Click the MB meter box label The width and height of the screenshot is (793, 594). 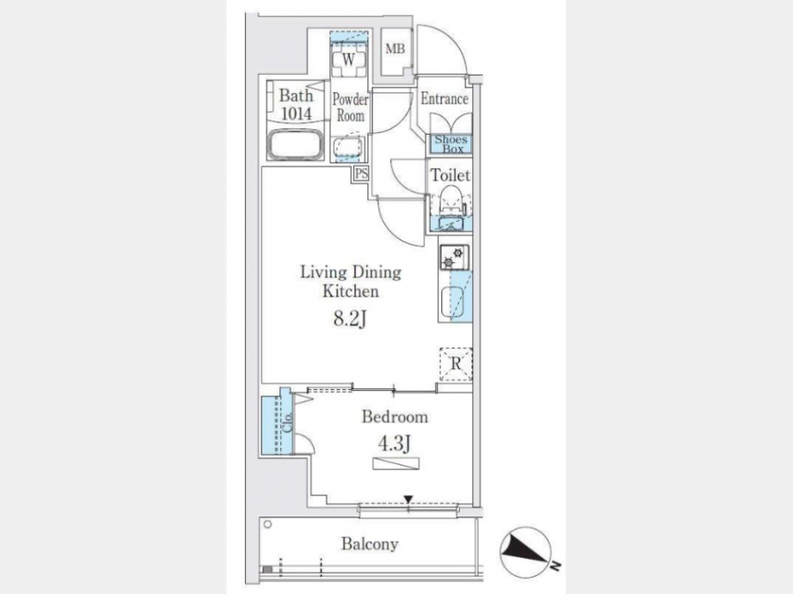(x=395, y=49)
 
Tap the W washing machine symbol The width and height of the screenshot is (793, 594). (x=348, y=60)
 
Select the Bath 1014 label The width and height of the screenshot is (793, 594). (x=296, y=105)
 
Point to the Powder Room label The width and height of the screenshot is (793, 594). (x=351, y=107)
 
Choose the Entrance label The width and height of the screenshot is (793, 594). (x=445, y=99)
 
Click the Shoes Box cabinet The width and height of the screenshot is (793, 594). (x=451, y=144)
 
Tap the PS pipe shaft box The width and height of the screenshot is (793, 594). (x=361, y=173)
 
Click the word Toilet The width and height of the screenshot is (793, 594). (x=450, y=175)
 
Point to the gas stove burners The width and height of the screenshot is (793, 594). (x=454, y=257)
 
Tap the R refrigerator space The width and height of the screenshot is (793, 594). (x=456, y=363)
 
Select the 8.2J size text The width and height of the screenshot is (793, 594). (x=350, y=319)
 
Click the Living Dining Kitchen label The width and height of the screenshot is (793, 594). (x=351, y=282)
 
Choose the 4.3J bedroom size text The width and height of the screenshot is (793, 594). (x=395, y=444)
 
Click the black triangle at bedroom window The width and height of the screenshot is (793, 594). (x=408, y=500)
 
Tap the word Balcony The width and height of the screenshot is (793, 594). (x=370, y=544)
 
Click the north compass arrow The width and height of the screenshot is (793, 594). (x=525, y=552)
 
